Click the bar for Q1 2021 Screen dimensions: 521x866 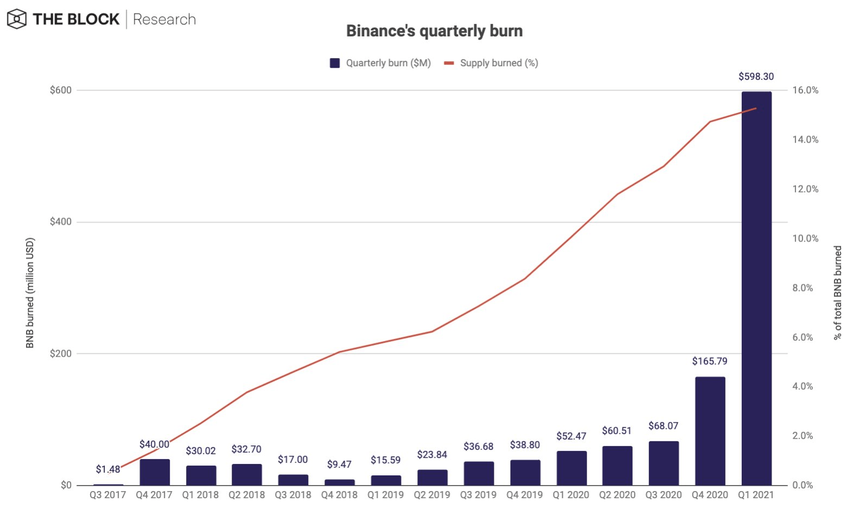click(x=756, y=288)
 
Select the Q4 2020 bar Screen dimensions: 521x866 click(x=710, y=431)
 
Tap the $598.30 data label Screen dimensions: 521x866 click(x=756, y=77)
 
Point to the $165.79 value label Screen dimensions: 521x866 click(x=709, y=361)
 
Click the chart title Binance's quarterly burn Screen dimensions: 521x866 click(x=434, y=31)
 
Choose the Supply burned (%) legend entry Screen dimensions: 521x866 click(x=492, y=63)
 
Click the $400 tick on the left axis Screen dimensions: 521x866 click(x=60, y=221)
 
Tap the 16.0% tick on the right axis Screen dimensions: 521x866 click(x=805, y=90)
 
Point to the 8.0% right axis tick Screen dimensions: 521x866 click(x=803, y=288)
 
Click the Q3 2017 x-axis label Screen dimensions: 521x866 click(x=107, y=495)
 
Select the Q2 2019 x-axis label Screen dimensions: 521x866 click(x=432, y=495)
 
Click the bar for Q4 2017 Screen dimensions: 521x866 click(x=155, y=472)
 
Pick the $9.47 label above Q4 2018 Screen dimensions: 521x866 click(x=339, y=464)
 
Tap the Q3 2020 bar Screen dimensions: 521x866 click(x=664, y=463)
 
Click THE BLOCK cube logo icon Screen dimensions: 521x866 click(x=17, y=19)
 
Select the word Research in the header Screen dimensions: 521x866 click(x=164, y=20)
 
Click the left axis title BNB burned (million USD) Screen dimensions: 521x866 click(x=30, y=293)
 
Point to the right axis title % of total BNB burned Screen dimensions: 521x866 click(x=838, y=293)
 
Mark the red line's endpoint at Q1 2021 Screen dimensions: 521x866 click(x=756, y=108)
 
